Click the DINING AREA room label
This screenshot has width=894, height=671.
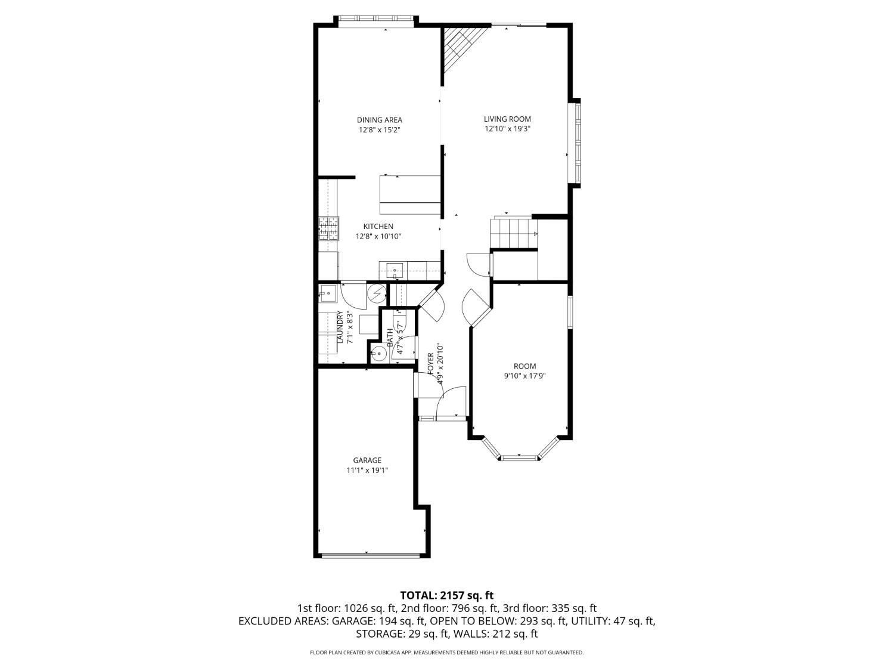point(379,120)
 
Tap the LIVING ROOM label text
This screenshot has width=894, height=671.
point(507,119)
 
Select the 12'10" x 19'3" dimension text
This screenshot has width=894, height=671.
point(507,129)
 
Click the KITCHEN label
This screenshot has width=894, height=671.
point(378,227)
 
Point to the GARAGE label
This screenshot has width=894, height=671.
point(367,460)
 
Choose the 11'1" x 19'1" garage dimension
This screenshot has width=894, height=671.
point(367,471)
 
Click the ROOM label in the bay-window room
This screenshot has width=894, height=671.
point(524,366)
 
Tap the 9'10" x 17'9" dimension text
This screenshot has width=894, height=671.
point(524,376)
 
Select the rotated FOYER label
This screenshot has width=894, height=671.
point(430,363)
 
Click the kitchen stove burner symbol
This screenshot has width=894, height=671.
point(328,228)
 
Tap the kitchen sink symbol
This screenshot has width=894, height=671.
point(395,270)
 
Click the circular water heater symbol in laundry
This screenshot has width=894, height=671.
point(377,293)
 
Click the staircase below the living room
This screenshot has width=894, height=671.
point(514,233)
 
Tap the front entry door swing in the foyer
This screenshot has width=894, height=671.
point(451,402)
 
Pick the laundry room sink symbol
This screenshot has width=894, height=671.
point(327,293)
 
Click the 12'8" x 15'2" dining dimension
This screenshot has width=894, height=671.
point(379,130)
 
